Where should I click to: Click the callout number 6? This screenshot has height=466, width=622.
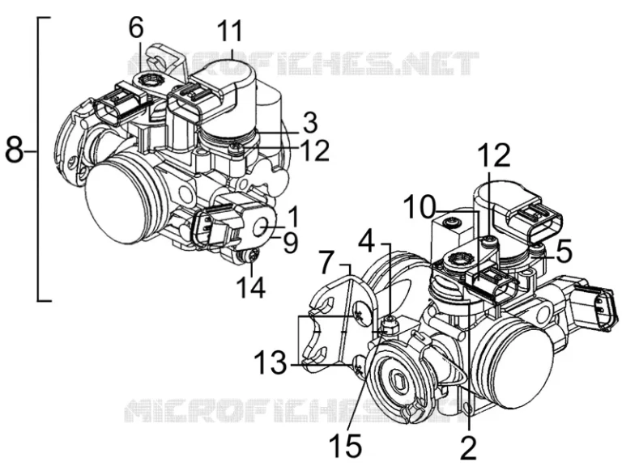tap(135, 28)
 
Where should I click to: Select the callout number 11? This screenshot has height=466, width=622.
tap(229, 32)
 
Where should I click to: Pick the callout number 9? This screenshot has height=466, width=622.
tap(290, 242)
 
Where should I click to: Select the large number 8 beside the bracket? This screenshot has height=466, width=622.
tap(15, 150)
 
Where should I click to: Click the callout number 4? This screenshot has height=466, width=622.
tap(367, 240)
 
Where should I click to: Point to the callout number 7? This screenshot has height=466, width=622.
tap(326, 264)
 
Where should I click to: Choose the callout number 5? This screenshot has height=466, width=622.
tap(564, 252)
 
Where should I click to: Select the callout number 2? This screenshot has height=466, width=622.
tap(468, 444)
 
